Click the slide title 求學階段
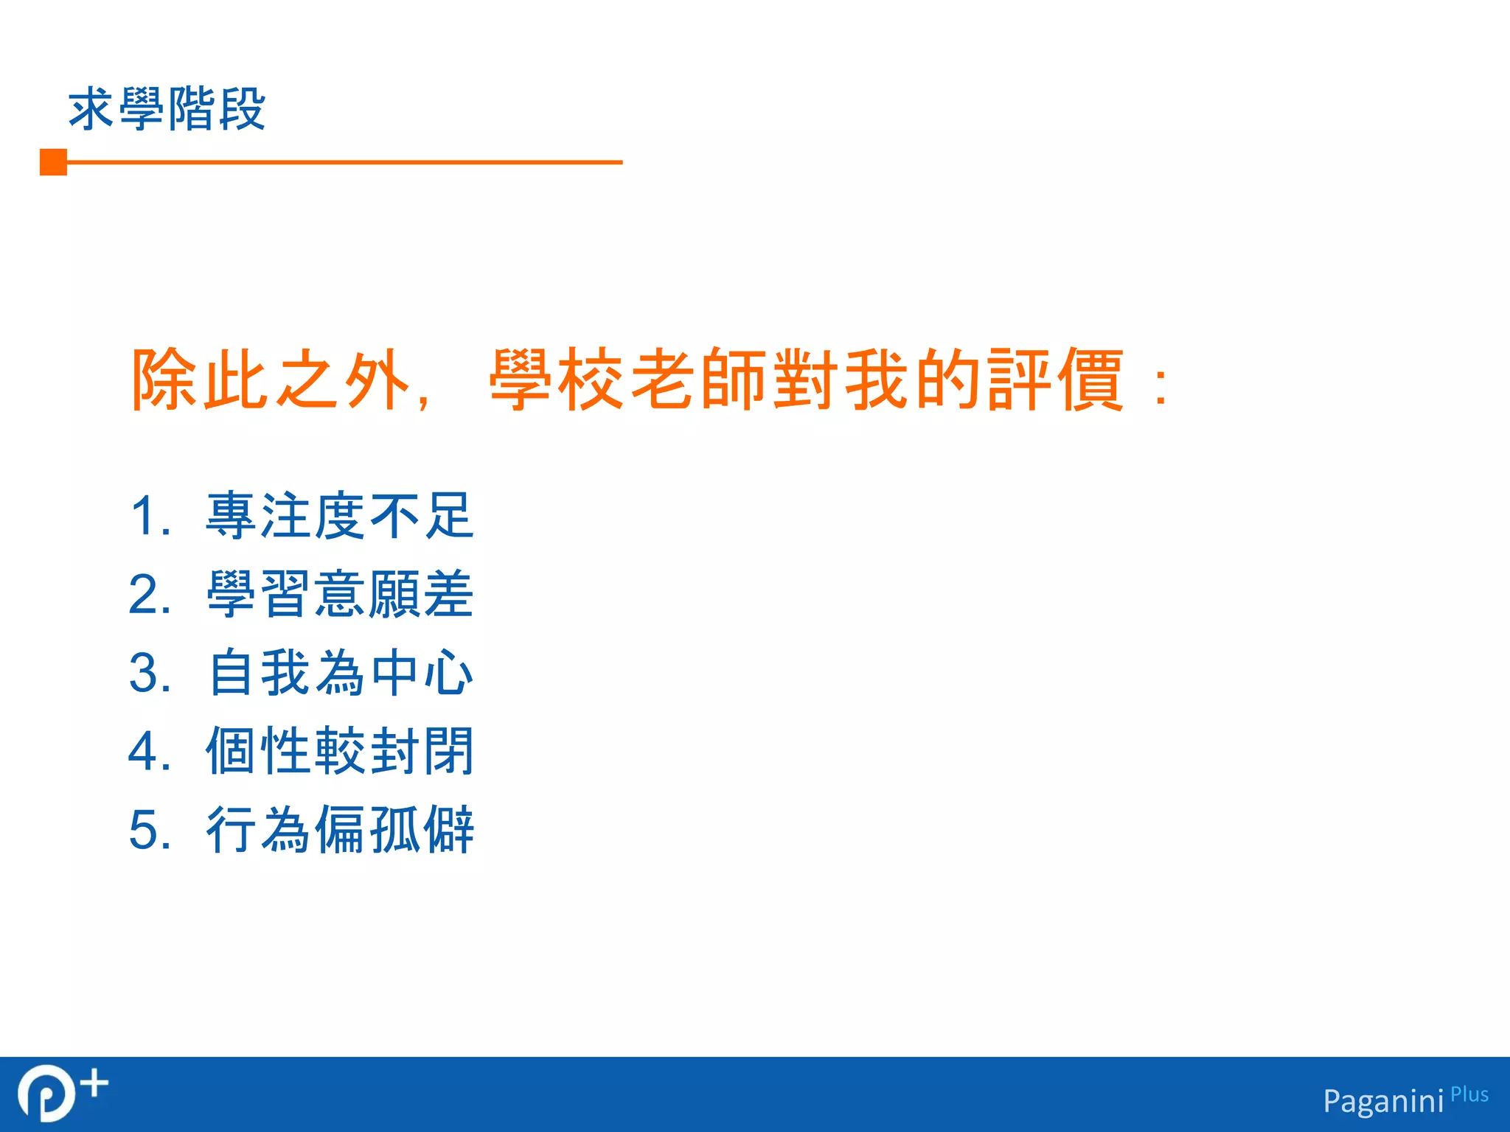click(x=167, y=109)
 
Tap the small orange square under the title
click(x=53, y=162)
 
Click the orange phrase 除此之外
click(x=270, y=380)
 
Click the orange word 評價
click(x=1056, y=380)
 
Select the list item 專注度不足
click(x=339, y=516)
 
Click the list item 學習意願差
click(x=339, y=594)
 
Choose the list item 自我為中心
click(x=339, y=672)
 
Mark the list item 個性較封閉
click(x=339, y=751)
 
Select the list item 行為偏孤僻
click(x=339, y=830)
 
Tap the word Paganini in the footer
click(x=1383, y=1101)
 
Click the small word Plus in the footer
click(x=1469, y=1094)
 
